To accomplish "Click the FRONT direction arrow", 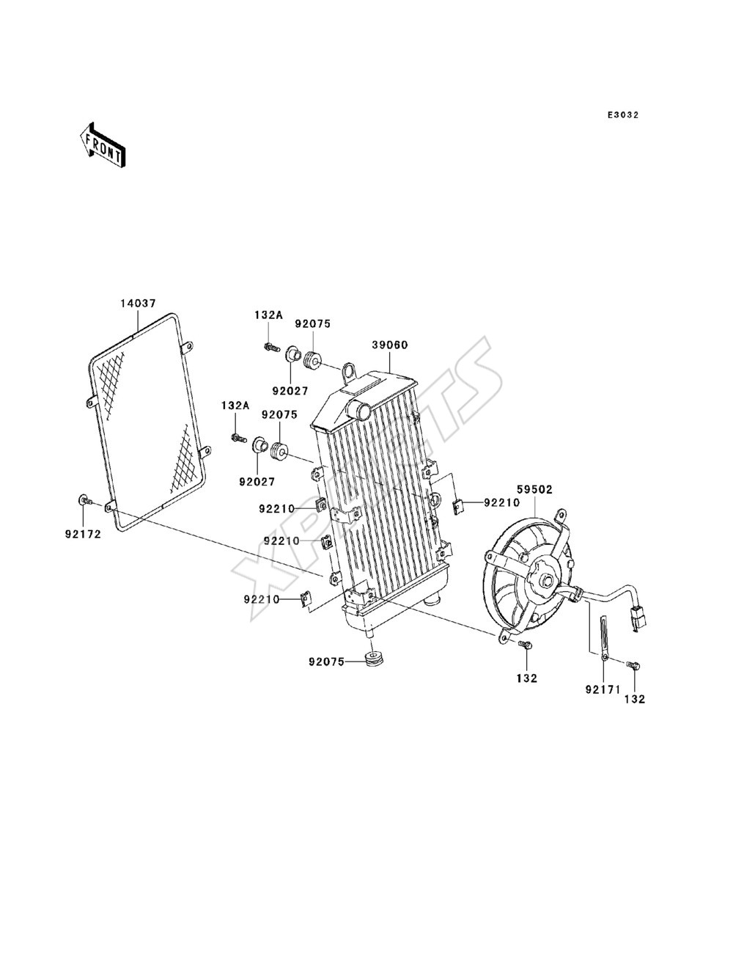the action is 103,144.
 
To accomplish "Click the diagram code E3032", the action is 622,115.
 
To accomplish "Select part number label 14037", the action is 138,303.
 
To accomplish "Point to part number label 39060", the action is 390,345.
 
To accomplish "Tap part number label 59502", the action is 535,489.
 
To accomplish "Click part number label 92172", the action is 83,534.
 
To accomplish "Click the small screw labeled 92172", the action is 85,500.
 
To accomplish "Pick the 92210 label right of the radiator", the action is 502,502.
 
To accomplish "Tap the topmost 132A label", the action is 269,315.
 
